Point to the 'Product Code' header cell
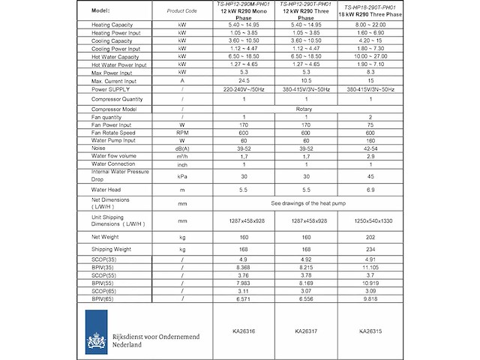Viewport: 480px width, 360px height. click(x=181, y=11)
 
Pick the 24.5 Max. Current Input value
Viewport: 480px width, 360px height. click(x=244, y=80)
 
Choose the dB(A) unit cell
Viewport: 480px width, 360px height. click(x=181, y=148)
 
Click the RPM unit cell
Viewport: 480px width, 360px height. click(x=181, y=133)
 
